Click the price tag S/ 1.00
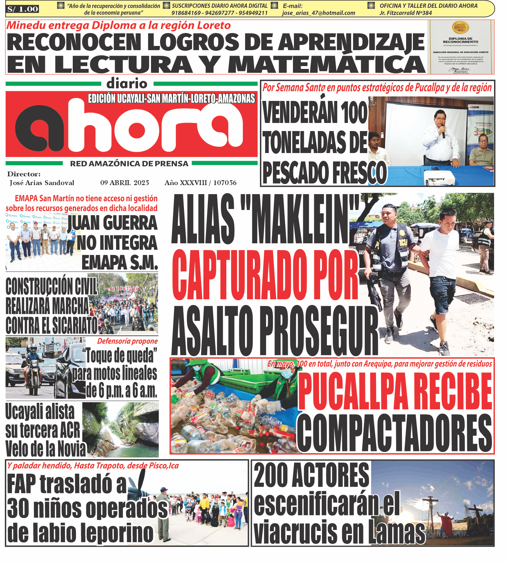click(22, 9)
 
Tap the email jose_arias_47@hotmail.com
click(318, 13)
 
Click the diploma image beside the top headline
click(460, 47)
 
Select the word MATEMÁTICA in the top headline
click(327, 64)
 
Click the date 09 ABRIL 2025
click(124, 183)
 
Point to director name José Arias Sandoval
click(42, 183)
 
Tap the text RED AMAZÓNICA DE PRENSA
click(129, 164)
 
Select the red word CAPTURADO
click(239, 275)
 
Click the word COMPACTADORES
click(394, 434)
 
